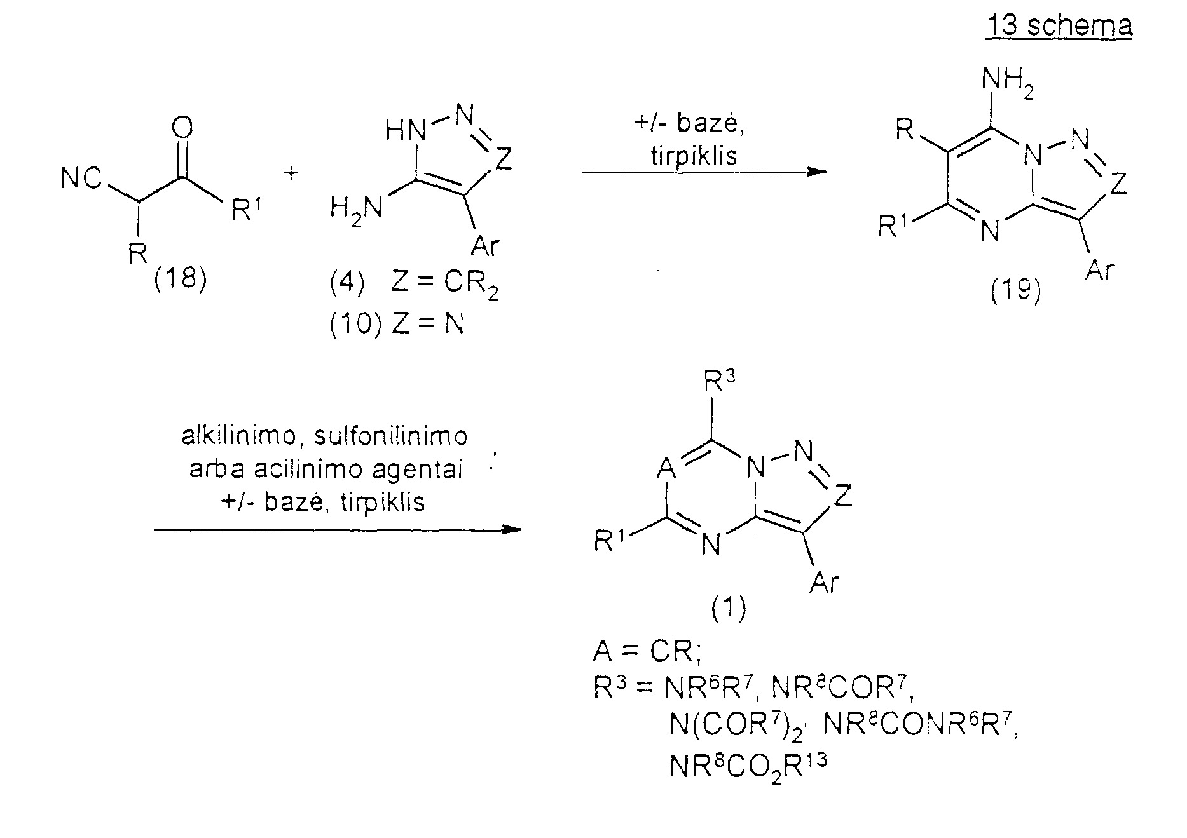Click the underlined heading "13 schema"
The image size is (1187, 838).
(1059, 26)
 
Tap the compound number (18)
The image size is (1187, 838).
(181, 278)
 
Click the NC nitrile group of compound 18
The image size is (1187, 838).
(81, 179)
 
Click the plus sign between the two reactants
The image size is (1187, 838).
(291, 173)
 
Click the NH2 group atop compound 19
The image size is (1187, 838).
(1008, 82)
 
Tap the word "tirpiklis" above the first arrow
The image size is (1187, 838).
(694, 156)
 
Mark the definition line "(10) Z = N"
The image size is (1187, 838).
(397, 324)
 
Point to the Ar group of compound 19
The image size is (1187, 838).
(1100, 270)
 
